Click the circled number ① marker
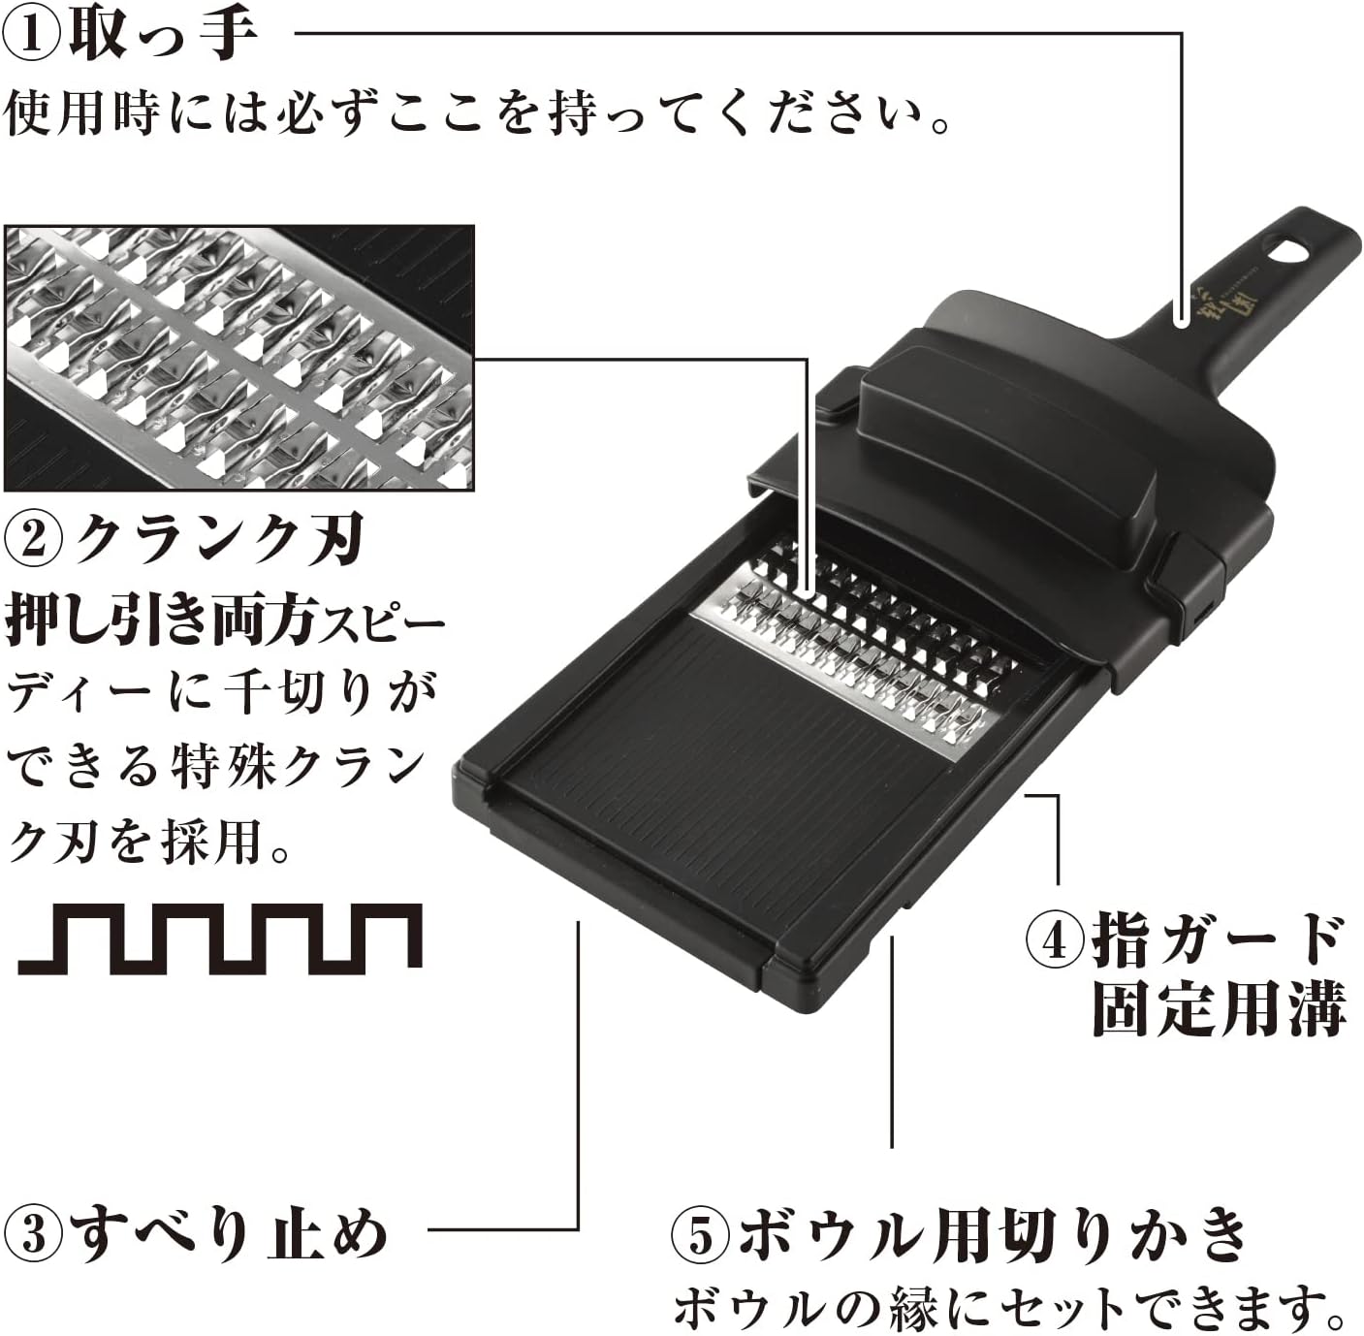click(32, 36)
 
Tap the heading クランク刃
click(218, 539)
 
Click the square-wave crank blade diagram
click(220, 938)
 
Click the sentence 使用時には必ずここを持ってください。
click(475, 116)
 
